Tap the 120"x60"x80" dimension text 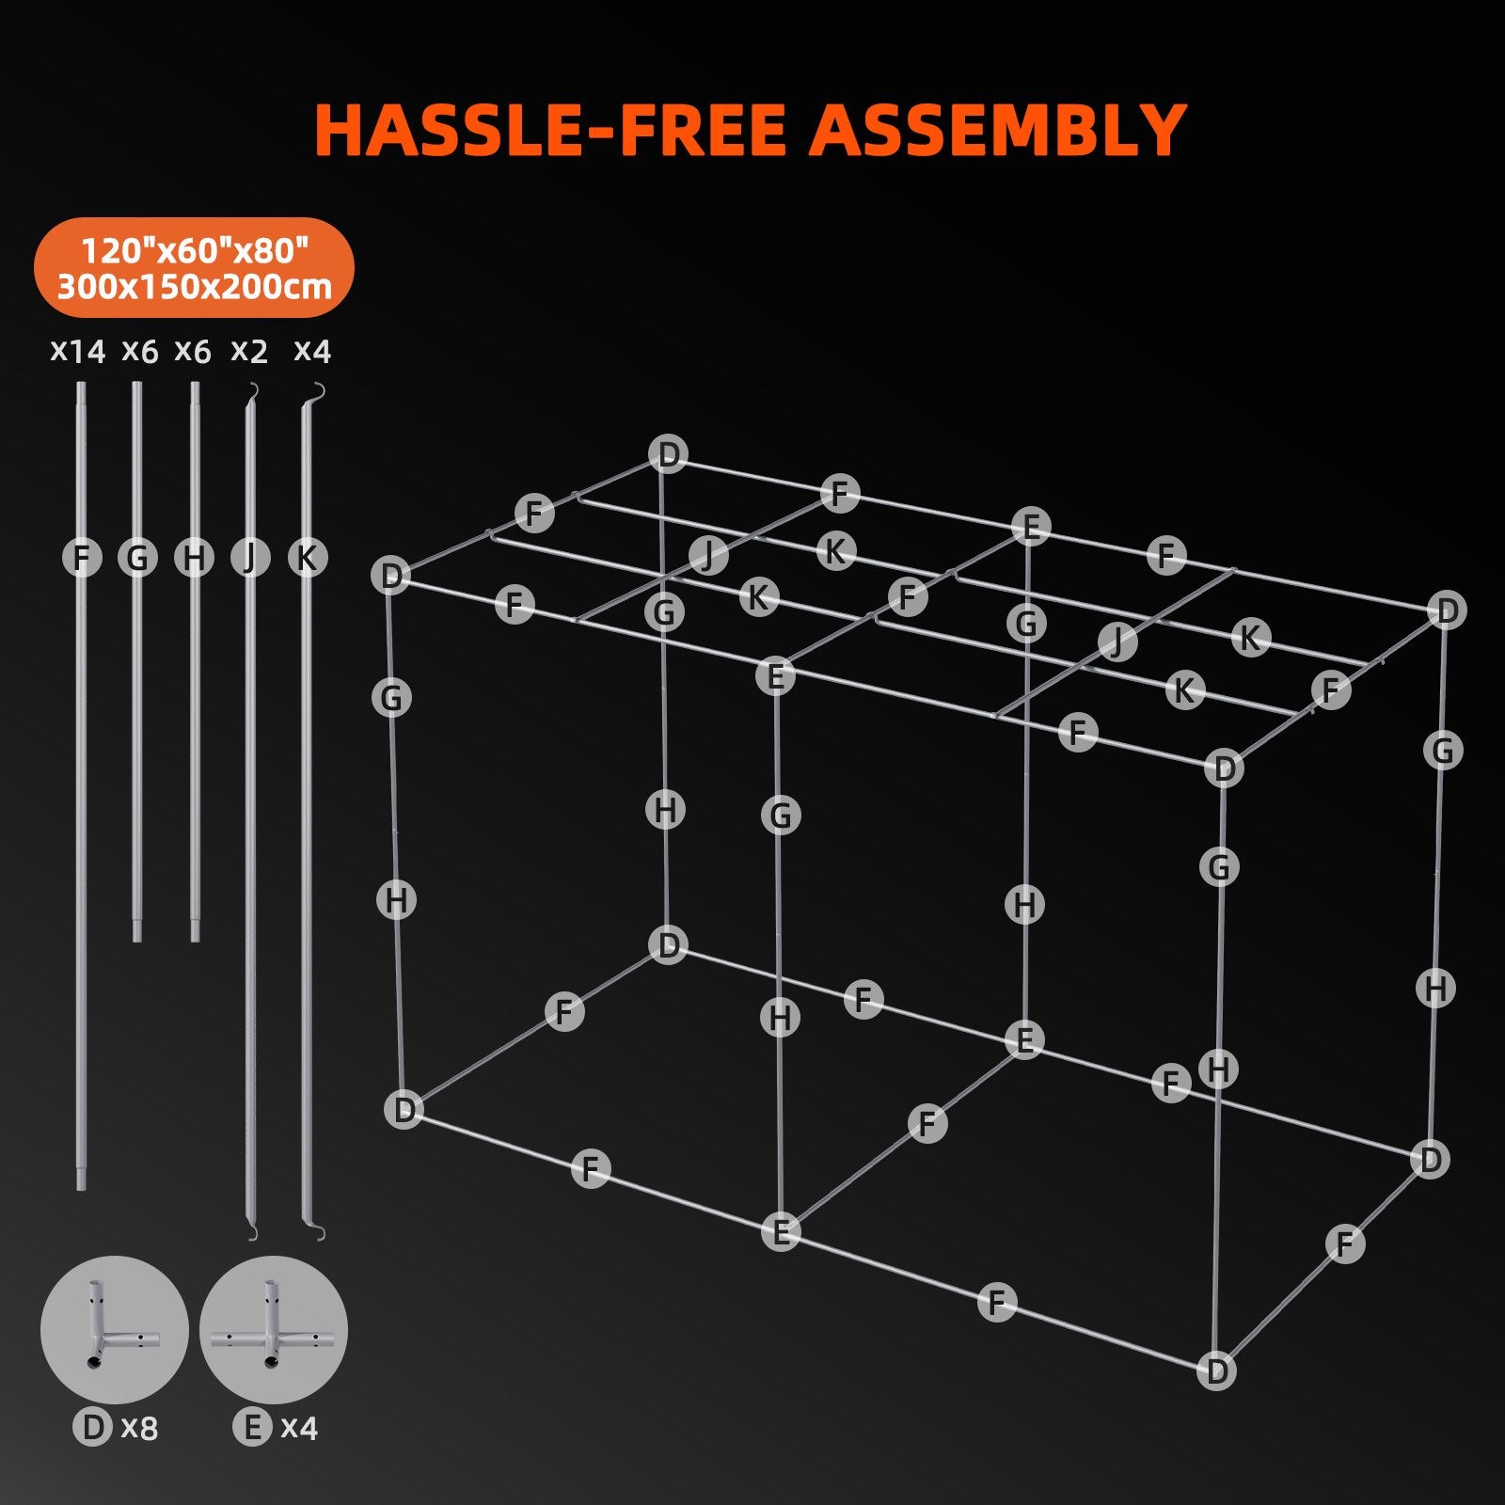195,250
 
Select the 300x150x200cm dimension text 195,286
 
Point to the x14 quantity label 77,352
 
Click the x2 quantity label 249,352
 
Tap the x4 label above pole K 312,352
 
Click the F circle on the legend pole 82,558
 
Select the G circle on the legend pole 137,558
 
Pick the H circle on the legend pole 194,558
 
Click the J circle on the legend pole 250,558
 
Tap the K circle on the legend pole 307,558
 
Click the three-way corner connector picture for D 114,1330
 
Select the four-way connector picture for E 273,1330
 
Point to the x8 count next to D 140,1428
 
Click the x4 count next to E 299,1428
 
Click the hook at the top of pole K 319,390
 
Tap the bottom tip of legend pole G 137,937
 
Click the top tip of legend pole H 195,386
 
